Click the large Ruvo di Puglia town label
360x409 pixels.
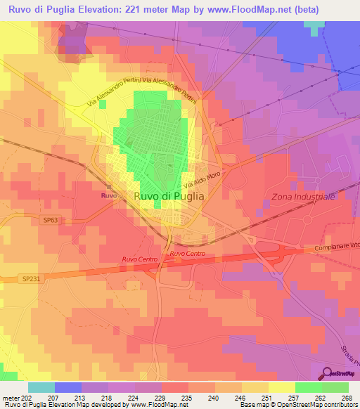[169, 197]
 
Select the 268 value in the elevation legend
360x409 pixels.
[347, 397]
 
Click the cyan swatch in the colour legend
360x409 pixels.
[41, 387]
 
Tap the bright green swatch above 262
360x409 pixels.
[308, 387]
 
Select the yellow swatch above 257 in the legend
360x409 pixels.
[281, 387]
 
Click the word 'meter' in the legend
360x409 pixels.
[10, 397]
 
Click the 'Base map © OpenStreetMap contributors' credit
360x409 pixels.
[298, 405]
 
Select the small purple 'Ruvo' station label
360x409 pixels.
[108, 195]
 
